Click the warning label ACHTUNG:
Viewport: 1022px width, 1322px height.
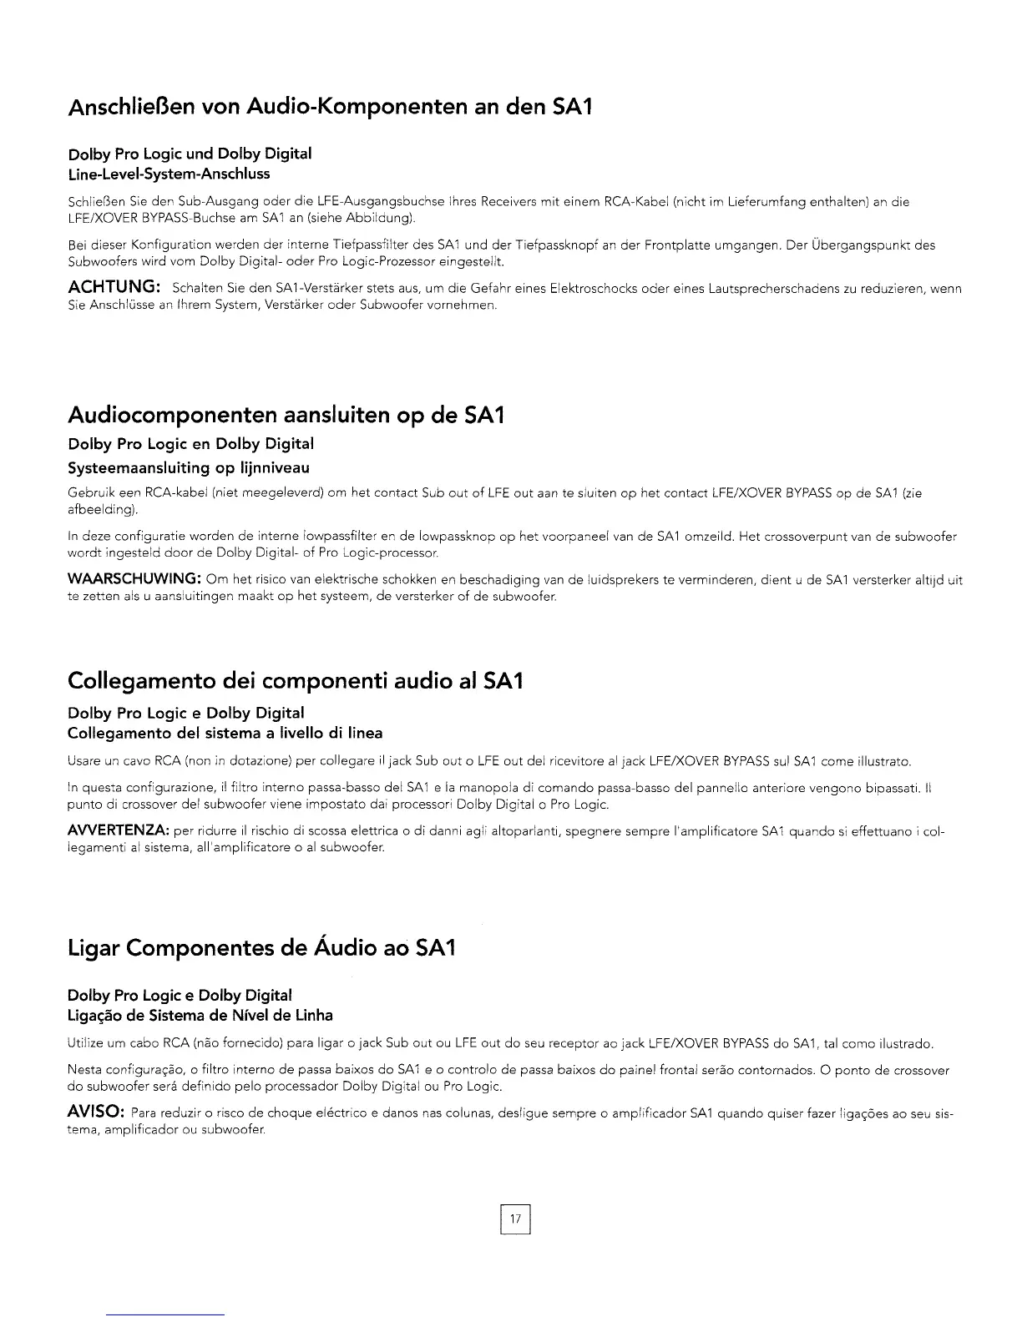(x=114, y=287)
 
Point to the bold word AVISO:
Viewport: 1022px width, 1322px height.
(x=96, y=1113)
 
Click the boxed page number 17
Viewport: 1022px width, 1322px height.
(x=515, y=1220)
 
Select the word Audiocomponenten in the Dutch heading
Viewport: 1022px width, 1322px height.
(x=172, y=415)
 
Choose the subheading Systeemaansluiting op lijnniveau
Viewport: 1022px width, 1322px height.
(x=189, y=467)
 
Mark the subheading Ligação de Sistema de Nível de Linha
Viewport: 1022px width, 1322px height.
(x=200, y=1015)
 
